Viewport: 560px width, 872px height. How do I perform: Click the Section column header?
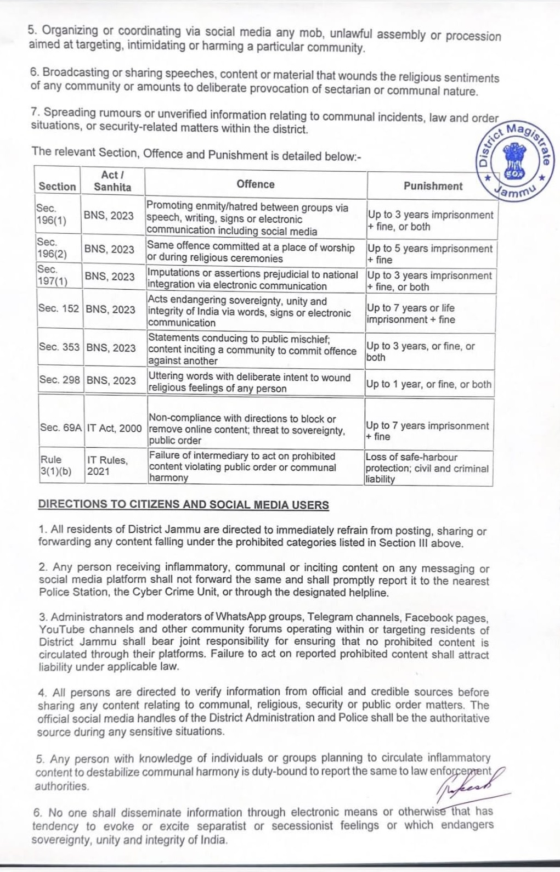click(57, 186)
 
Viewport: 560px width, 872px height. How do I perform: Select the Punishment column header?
click(433, 186)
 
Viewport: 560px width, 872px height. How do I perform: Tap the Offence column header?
click(256, 184)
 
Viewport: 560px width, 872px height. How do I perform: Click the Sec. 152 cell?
click(59, 308)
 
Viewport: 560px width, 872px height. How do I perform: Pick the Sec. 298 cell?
click(59, 380)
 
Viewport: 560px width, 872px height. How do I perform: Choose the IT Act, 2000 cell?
click(114, 427)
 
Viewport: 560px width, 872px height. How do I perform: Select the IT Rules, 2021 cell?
click(107, 465)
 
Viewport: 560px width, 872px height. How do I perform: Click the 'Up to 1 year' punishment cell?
click(429, 384)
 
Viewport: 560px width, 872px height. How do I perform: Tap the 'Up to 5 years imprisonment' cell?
click(430, 254)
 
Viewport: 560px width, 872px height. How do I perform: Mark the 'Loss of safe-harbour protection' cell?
click(427, 468)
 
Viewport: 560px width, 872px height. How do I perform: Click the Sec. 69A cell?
click(60, 427)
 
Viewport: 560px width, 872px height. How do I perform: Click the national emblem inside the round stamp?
click(514, 159)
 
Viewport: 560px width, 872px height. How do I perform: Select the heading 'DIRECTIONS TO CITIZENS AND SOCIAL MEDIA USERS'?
click(183, 505)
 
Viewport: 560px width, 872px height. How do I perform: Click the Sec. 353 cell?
click(59, 347)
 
